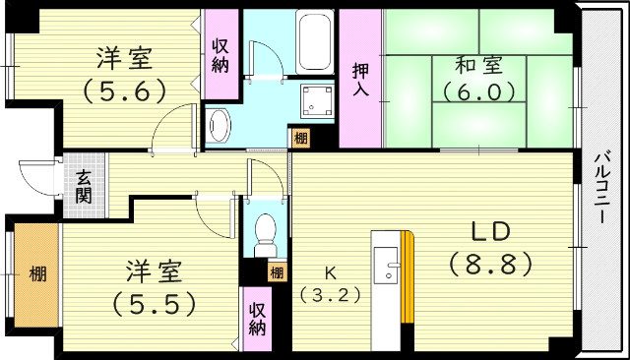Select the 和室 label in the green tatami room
coord(478,67)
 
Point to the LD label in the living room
coord(488,232)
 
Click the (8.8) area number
coord(489,265)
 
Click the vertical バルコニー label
coord(599,187)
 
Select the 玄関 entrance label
coord(85,185)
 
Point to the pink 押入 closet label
coord(361,80)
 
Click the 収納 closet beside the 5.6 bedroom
coord(220,55)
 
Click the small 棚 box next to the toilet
coord(278,272)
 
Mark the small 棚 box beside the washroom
coord(298,139)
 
